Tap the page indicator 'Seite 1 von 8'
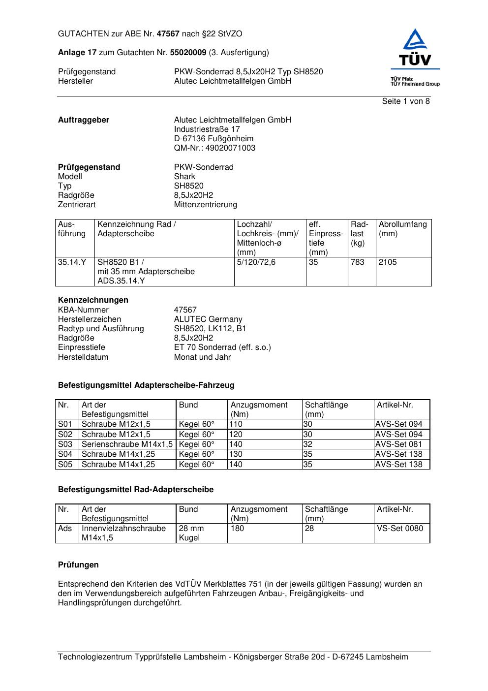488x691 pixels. [x=405, y=101]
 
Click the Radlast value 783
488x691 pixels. [x=358, y=262]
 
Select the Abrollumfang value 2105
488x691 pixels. [x=388, y=262]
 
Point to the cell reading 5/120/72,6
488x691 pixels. [x=256, y=262]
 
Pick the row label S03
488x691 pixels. [x=65, y=444]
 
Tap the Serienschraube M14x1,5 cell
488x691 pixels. [x=127, y=444]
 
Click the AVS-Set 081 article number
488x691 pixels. [x=398, y=444]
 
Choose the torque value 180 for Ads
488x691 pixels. [x=237, y=529]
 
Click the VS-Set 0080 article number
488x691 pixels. [x=399, y=529]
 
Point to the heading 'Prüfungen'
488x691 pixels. [x=78, y=565]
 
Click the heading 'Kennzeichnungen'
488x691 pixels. [x=93, y=300]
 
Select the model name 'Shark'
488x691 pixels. [x=184, y=177]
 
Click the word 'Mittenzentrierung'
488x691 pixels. [x=205, y=205]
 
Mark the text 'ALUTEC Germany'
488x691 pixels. [x=208, y=319]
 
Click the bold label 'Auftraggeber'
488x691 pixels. [x=84, y=120]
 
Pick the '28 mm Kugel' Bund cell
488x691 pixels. [x=191, y=533]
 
